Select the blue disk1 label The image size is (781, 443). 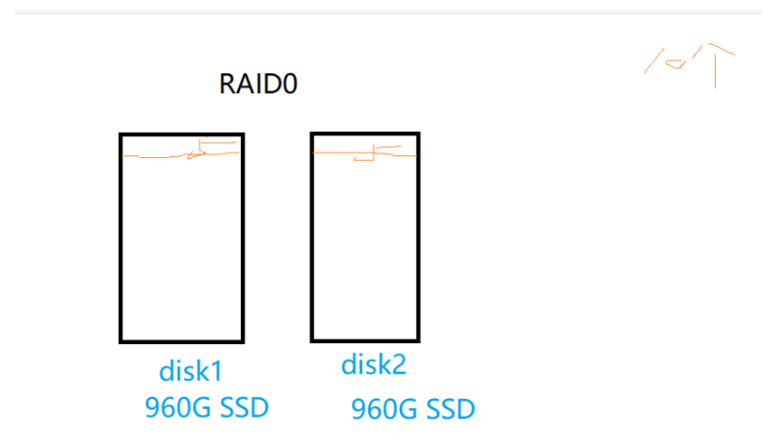tap(191, 372)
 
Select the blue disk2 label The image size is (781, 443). tap(374, 365)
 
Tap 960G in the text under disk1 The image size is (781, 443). tap(178, 408)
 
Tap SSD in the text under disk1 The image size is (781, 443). tap(243, 408)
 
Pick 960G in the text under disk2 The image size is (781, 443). tap(384, 410)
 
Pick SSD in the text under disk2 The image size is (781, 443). tap(449, 410)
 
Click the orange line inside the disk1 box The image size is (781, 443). tap(160, 155)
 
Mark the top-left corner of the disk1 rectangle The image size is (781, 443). tap(121, 135)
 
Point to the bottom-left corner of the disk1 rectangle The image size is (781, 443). tap(121, 340)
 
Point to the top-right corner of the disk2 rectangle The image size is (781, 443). tap(418, 134)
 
